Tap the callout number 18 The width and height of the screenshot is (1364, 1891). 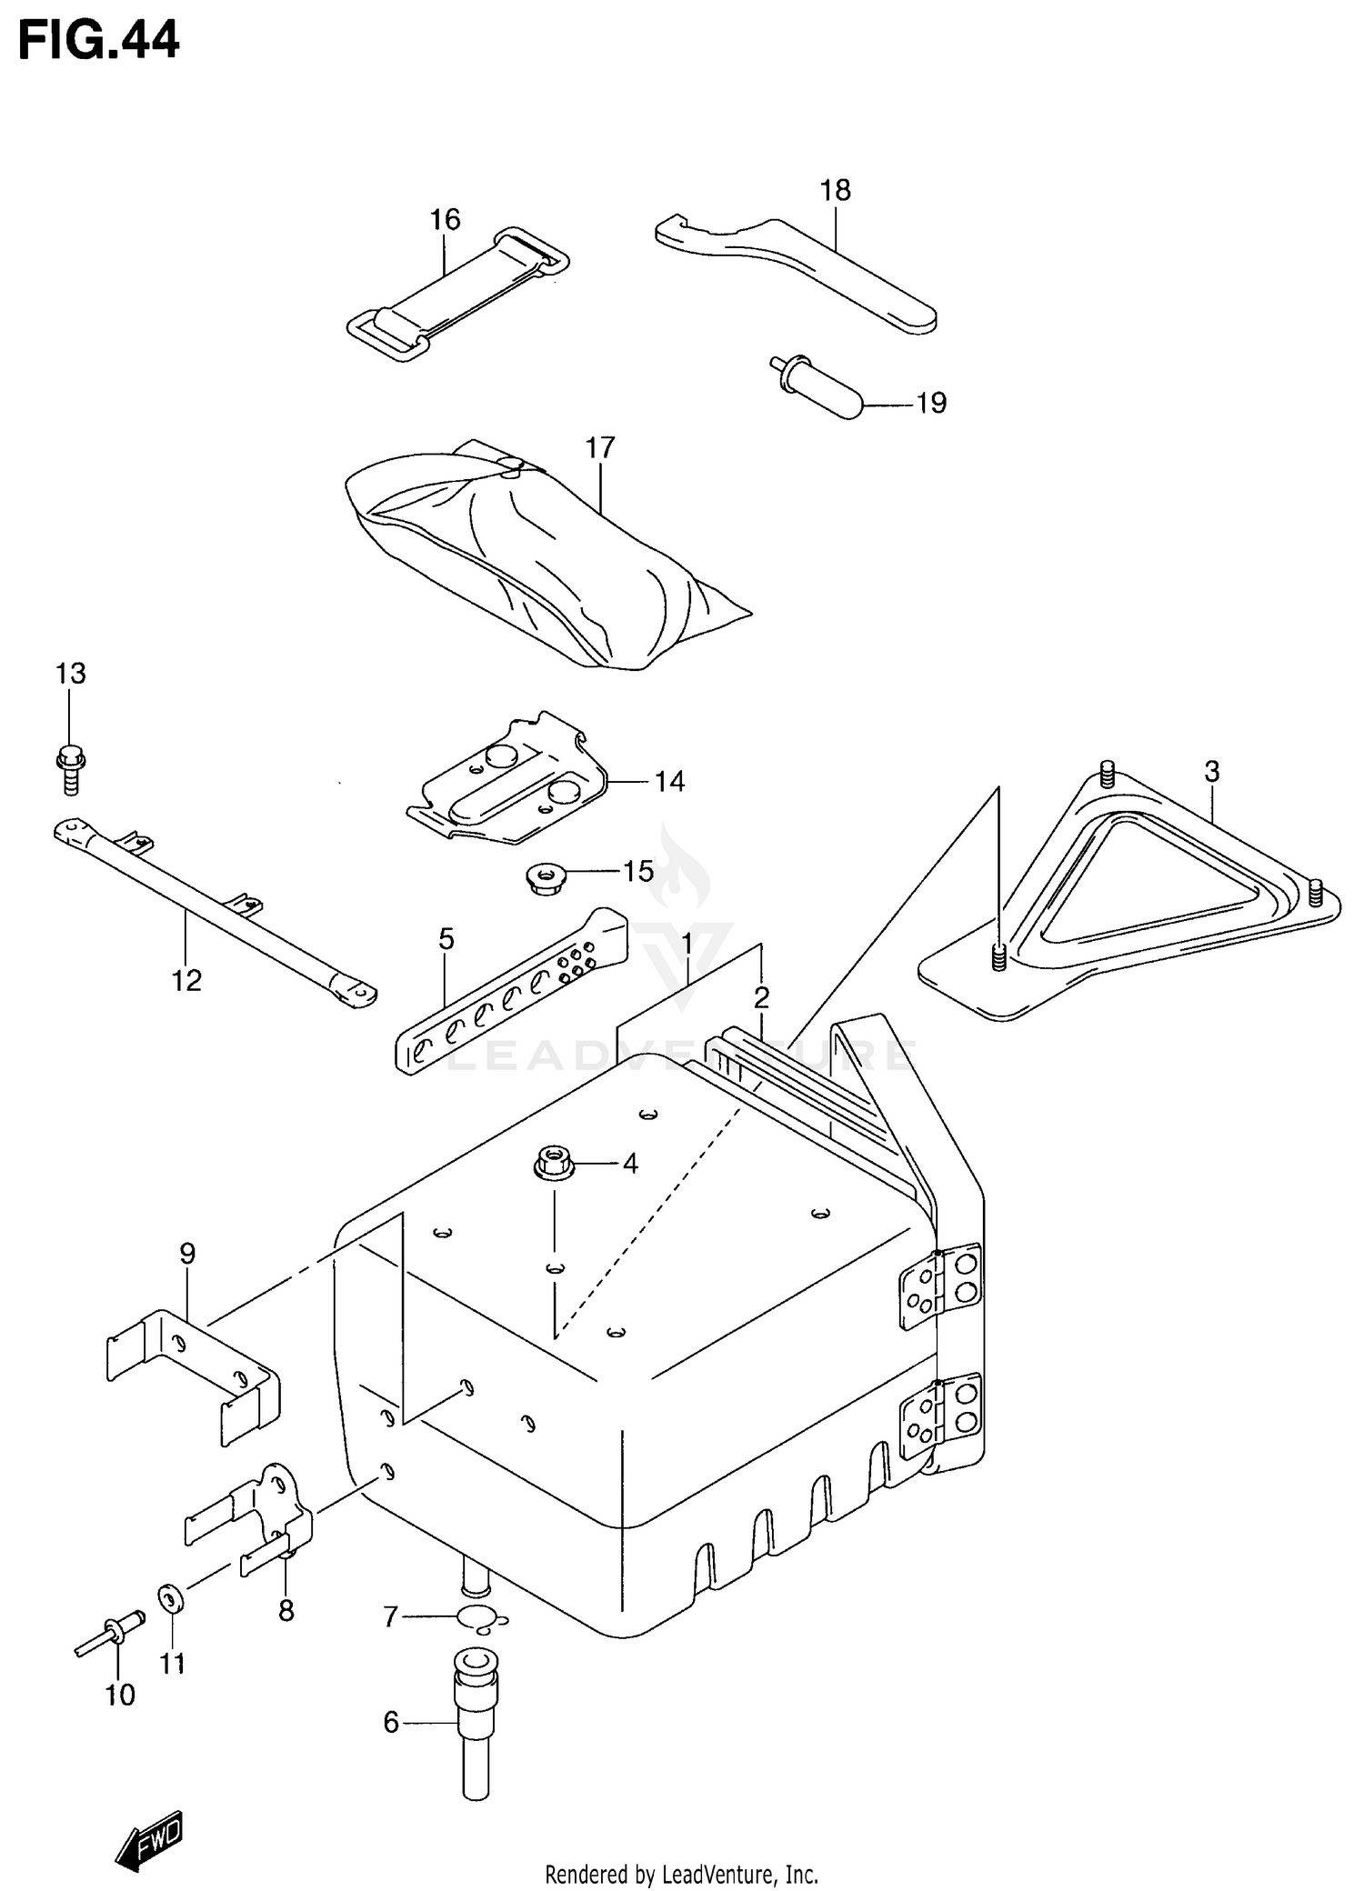835,190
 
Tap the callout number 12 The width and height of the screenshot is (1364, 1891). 186,980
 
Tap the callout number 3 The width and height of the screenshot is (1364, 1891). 1211,772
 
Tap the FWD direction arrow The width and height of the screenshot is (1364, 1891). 150,1841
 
